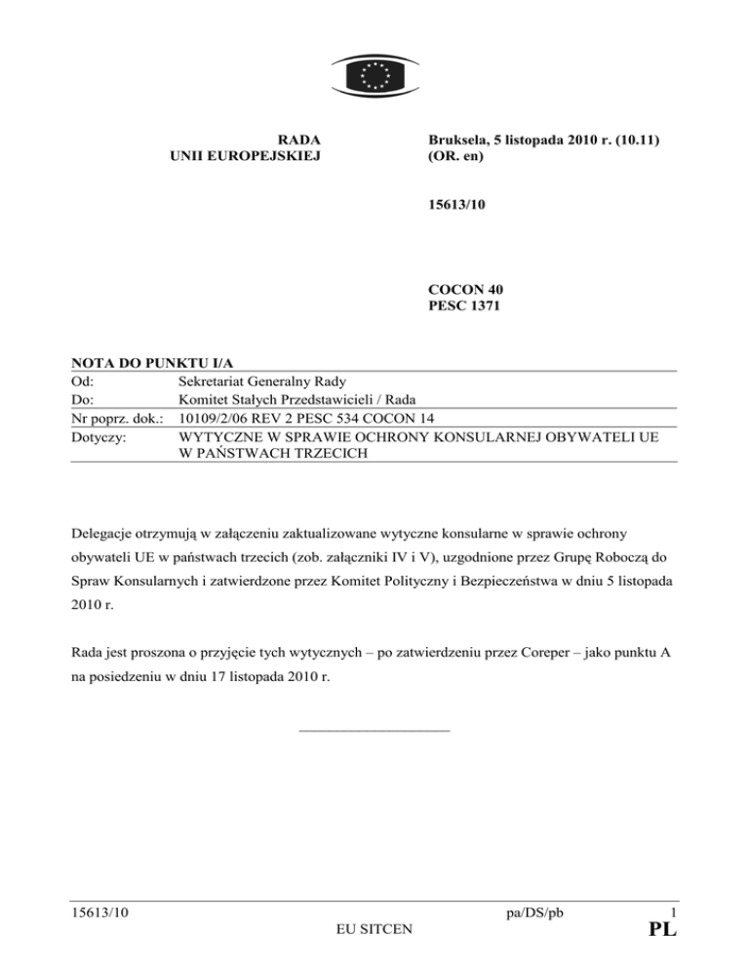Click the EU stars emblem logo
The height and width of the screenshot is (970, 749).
(374, 73)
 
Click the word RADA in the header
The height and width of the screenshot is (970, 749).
(299, 141)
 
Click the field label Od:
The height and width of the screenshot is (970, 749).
(84, 381)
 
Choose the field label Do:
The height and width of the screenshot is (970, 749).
(84, 397)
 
